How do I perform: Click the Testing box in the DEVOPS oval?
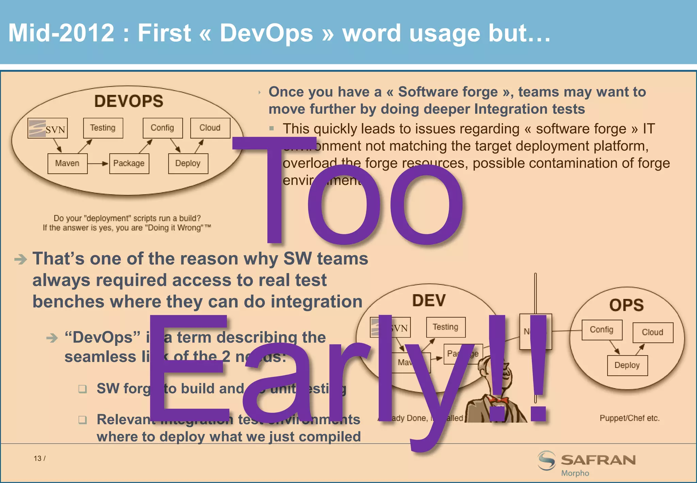(103, 128)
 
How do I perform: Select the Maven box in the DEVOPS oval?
(67, 163)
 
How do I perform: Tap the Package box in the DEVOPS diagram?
(129, 163)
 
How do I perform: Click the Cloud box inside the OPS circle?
(652, 332)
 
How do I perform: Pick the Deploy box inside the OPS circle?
(627, 365)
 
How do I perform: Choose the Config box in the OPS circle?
(602, 330)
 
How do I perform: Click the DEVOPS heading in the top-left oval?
(129, 101)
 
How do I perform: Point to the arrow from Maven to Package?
(98, 163)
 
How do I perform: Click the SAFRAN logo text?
(598, 460)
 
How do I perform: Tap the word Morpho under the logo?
(575, 473)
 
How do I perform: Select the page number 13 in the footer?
(37, 458)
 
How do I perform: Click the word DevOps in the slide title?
(266, 33)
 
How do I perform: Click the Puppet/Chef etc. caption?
(629, 418)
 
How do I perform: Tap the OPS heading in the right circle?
(626, 305)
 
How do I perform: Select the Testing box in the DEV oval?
(445, 327)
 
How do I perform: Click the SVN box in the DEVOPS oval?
(48, 128)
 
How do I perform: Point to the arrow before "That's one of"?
(20, 260)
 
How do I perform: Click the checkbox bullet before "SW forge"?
(82, 389)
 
